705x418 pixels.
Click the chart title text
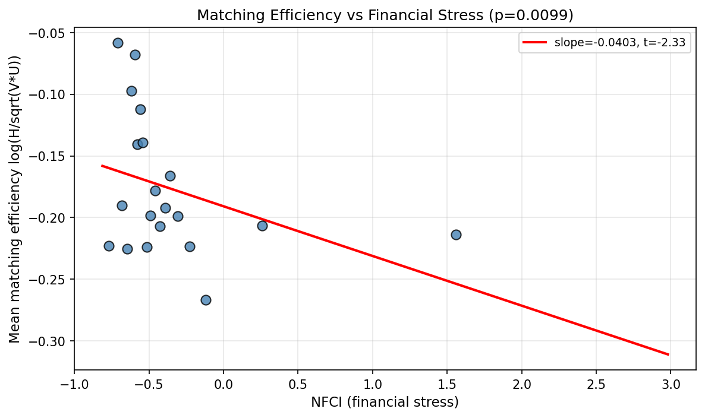point(385,15)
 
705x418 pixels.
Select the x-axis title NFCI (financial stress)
point(385,403)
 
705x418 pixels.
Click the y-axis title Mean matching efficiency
point(15,199)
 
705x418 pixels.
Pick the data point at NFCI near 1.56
point(456,235)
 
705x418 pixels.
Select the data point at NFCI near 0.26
point(262,226)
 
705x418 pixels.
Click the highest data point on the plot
point(118,43)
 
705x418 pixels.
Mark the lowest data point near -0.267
point(206,300)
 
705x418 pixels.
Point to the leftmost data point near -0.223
point(109,246)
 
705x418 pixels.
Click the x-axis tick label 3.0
point(671,382)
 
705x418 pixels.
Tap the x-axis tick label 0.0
point(224,382)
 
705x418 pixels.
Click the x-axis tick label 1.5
point(447,382)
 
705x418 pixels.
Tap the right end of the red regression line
point(669,354)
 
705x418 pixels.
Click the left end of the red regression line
point(102,166)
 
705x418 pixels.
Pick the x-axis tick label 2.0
point(522,382)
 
